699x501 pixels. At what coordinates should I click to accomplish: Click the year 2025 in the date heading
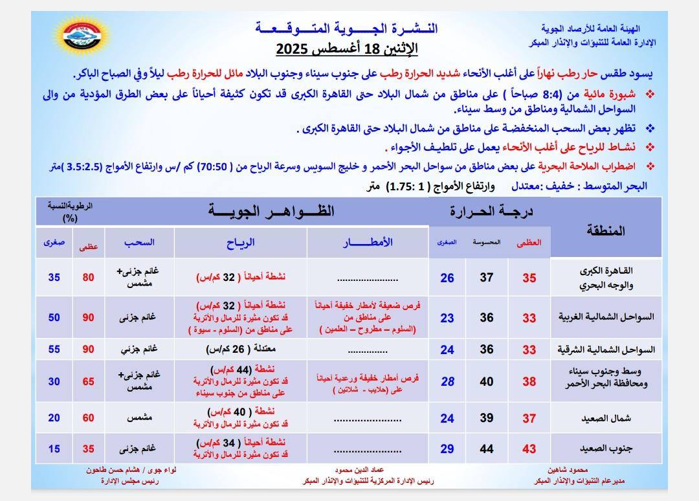point(295,49)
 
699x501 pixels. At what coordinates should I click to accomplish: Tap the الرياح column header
point(240,242)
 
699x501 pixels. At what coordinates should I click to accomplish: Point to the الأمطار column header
point(367,242)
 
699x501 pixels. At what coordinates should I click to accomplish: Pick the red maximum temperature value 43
point(529,449)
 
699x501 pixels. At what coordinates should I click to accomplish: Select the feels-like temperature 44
point(487,449)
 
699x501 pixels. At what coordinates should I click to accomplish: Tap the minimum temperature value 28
point(447,381)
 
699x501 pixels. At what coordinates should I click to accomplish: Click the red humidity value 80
point(88,277)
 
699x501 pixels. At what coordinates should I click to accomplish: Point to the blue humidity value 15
point(54,449)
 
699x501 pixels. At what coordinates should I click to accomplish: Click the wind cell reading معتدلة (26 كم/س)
point(240,350)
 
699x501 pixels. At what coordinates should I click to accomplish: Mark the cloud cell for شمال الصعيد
point(139,418)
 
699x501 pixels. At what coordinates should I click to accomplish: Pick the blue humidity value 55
point(54,350)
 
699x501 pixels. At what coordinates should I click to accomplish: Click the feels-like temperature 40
point(487,381)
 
